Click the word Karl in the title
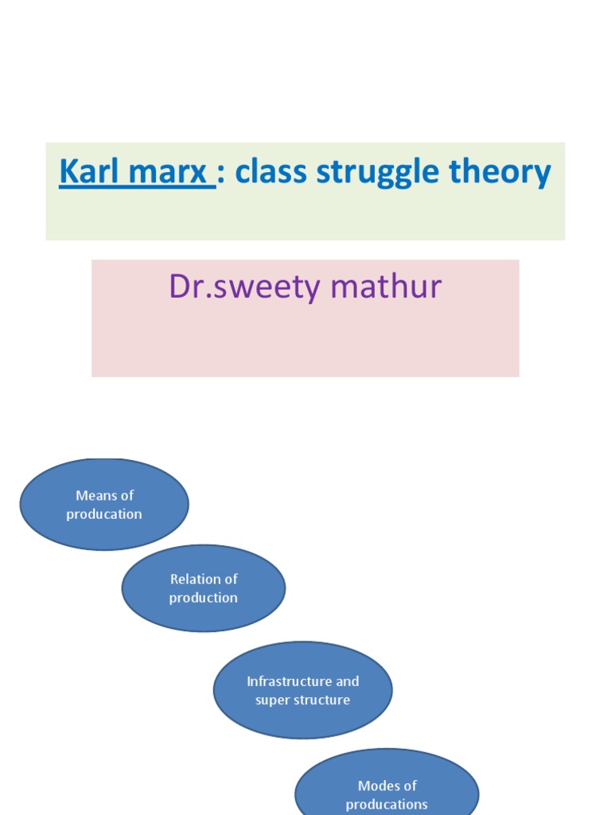(84, 172)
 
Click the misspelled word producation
(104, 515)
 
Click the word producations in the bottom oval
(387, 805)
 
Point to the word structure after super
(321, 700)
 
